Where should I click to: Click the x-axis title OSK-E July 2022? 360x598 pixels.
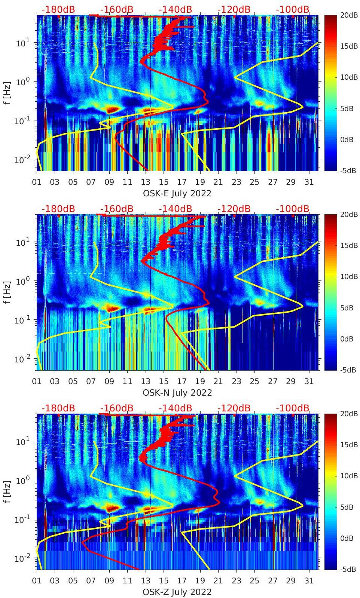(177, 194)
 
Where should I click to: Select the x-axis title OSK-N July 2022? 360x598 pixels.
(177, 393)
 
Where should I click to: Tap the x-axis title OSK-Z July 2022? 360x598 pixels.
(177, 592)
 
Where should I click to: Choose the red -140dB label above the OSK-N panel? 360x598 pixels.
(175, 209)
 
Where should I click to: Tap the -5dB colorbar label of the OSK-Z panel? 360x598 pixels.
(348, 569)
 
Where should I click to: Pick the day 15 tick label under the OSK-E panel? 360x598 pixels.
(164, 182)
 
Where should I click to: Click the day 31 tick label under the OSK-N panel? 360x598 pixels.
(309, 381)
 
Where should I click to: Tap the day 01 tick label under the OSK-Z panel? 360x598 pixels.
(37, 581)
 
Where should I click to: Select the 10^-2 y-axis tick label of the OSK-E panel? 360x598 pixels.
(21, 160)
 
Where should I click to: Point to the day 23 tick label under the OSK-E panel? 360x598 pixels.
(236, 182)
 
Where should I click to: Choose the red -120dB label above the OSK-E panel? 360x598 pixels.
(234, 9)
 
